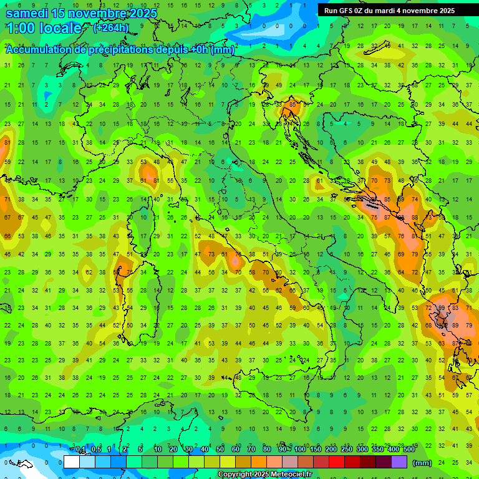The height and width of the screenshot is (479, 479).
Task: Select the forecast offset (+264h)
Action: [x=111, y=27]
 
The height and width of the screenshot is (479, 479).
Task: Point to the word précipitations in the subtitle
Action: [x=119, y=50]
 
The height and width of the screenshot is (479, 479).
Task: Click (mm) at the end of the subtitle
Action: [x=223, y=50]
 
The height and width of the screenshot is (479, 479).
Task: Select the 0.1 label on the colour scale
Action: [x=80, y=450]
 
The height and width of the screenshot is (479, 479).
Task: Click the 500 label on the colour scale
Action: [x=409, y=450]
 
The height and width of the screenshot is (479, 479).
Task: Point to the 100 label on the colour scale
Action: [x=300, y=450]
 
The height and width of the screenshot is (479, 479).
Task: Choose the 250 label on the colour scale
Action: [x=347, y=450]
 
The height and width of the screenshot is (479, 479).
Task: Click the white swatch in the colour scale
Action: [x=72, y=462]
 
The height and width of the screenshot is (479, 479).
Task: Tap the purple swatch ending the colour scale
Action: [x=399, y=462]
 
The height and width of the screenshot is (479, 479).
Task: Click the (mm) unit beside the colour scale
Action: [x=422, y=463]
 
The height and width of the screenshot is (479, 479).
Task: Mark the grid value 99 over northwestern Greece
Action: [x=442, y=309]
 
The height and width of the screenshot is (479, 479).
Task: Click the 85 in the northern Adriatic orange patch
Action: [x=293, y=104]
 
